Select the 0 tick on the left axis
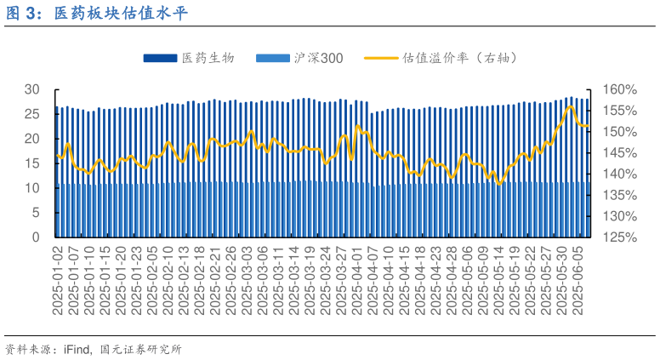(36, 237)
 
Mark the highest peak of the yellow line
(570, 106)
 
